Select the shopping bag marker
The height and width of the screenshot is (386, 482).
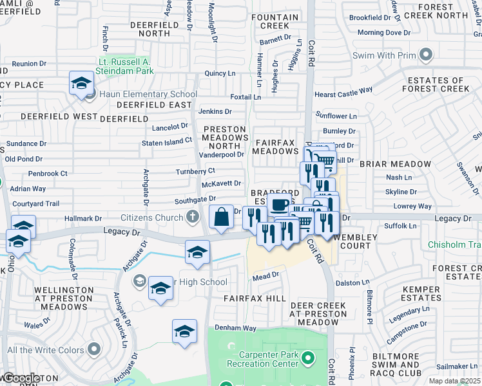221,217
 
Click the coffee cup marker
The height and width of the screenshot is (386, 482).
279,207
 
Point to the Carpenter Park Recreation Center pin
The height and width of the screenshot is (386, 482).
309,357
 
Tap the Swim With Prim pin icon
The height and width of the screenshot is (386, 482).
425,55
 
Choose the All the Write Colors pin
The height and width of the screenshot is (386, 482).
95,350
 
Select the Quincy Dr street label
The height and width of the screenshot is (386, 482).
219,73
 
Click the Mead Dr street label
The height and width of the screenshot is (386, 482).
265,275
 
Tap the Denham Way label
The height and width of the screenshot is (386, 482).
235,328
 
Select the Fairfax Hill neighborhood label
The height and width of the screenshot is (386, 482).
255,299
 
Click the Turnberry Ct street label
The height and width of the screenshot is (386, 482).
195,171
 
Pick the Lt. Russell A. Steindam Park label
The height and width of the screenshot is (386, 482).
126,66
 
